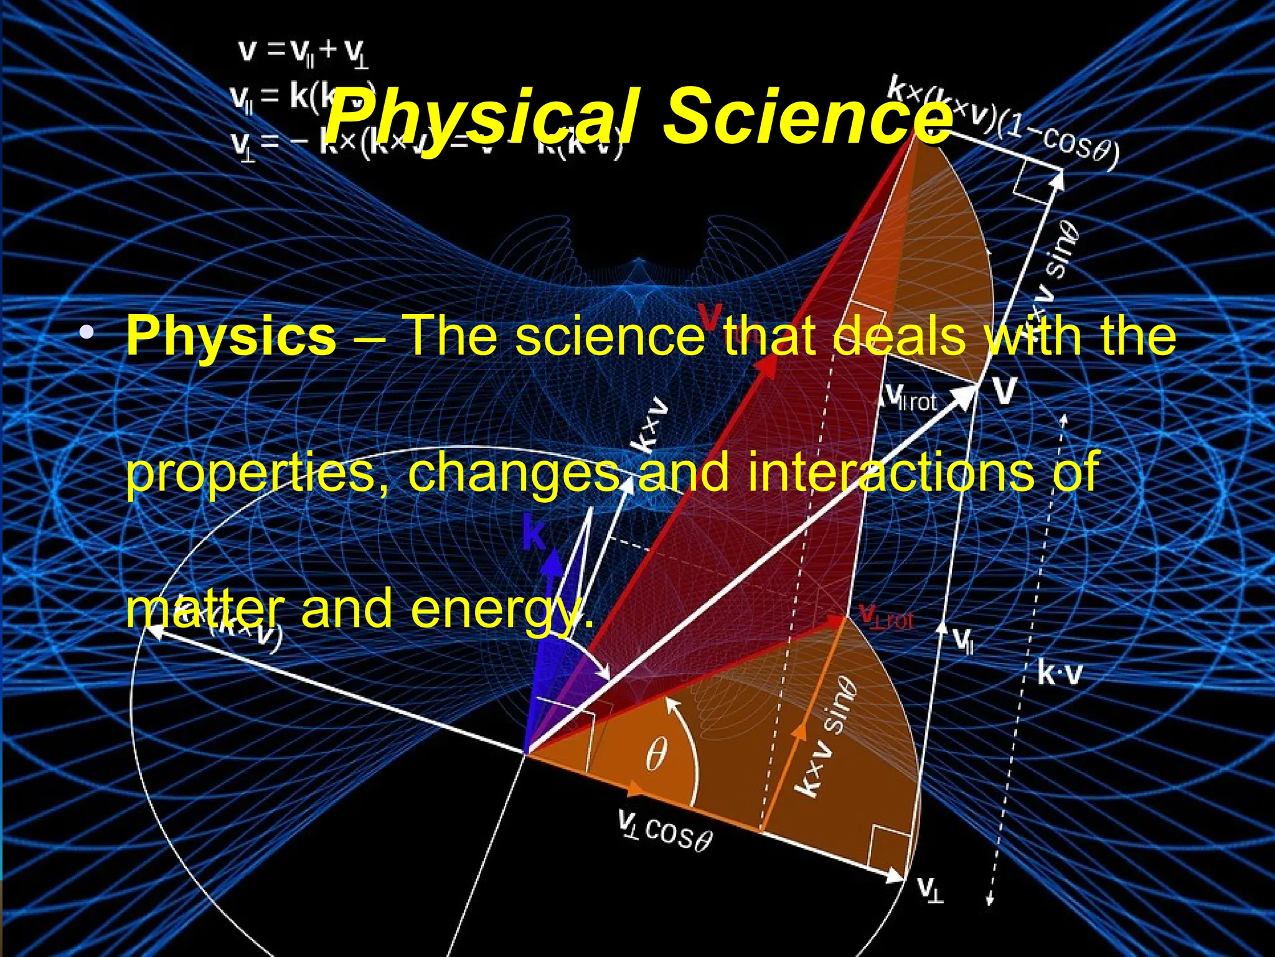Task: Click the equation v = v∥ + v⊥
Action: [x=303, y=52]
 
